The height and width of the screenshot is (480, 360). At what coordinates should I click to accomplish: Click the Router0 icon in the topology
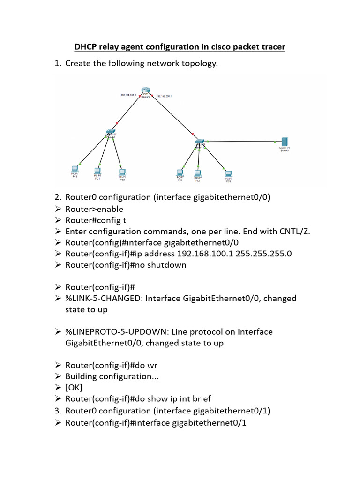(x=145, y=90)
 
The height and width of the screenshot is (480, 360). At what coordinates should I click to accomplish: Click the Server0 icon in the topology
(x=284, y=142)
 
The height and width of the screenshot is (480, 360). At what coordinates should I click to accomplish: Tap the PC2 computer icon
(x=122, y=172)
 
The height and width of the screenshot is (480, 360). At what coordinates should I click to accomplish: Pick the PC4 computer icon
(x=198, y=173)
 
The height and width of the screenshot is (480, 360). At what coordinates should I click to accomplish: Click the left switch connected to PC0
(x=111, y=132)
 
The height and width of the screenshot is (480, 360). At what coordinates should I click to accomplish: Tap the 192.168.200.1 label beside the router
(x=164, y=96)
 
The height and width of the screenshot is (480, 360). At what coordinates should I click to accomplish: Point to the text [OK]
(x=74, y=388)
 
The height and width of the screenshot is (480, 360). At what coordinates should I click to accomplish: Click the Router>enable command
(x=94, y=209)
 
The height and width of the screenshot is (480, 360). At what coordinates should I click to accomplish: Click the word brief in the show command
(x=200, y=399)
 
